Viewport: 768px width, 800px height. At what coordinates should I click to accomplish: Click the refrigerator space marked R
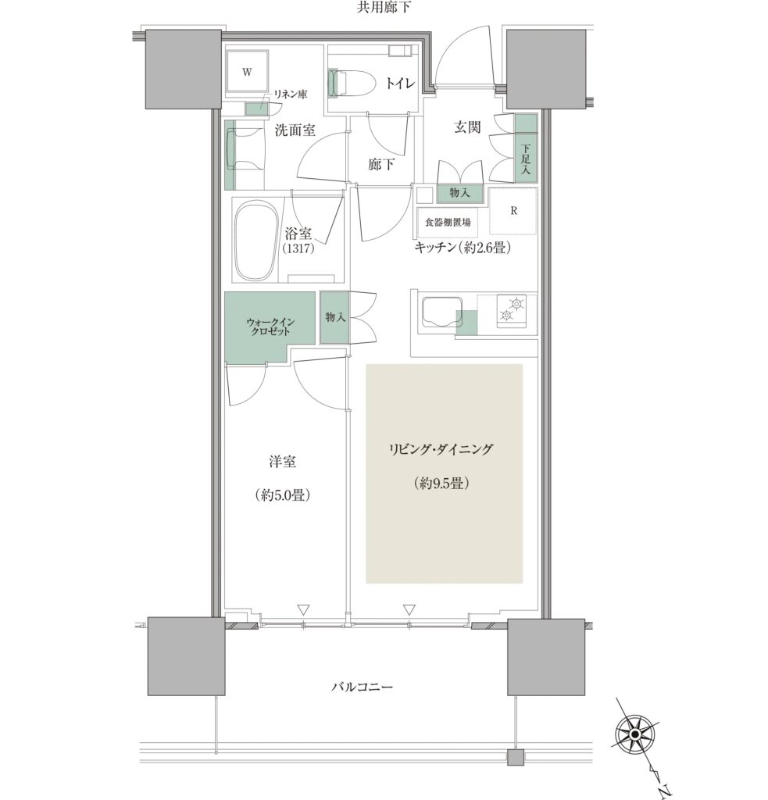[x=513, y=211]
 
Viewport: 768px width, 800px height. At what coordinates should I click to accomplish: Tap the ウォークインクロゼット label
[x=270, y=327]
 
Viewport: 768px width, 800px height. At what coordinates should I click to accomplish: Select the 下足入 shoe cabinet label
[x=526, y=159]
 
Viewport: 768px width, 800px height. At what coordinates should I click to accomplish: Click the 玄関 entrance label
[x=467, y=127]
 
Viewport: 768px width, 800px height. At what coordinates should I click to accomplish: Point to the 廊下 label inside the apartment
[x=380, y=164]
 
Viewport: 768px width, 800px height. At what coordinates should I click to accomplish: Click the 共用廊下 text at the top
[x=384, y=7]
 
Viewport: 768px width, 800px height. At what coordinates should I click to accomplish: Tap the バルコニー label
[x=362, y=687]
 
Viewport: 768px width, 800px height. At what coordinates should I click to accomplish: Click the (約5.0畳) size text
[x=283, y=495]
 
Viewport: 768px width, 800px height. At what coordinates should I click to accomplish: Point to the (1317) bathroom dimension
[x=298, y=248]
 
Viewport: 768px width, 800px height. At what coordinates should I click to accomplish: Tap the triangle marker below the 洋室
[x=303, y=609]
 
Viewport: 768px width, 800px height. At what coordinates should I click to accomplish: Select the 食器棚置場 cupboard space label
[x=448, y=223]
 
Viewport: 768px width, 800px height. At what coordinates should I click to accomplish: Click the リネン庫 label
[x=291, y=95]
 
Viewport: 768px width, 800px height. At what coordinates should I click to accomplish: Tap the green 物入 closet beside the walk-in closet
[x=334, y=317]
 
